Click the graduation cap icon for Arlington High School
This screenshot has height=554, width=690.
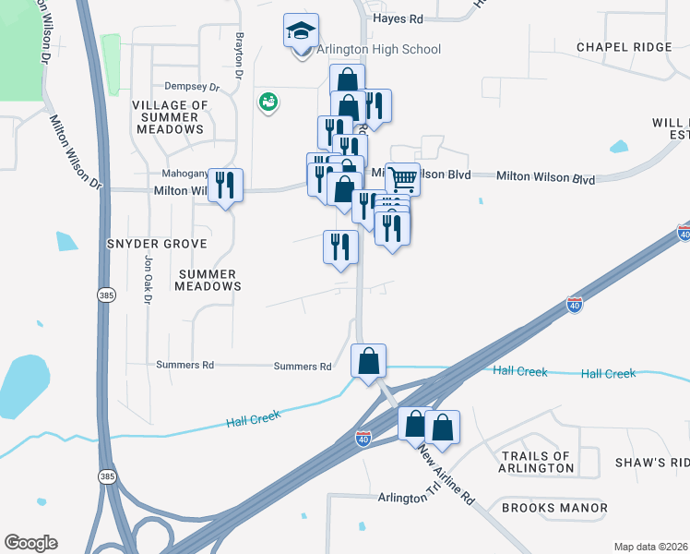click(x=301, y=32)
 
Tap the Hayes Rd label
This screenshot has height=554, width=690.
click(x=398, y=18)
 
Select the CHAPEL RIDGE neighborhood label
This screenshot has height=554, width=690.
click(x=625, y=47)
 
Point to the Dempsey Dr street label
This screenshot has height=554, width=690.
click(x=192, y=88)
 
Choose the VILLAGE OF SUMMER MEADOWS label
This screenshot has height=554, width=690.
click(x=169, y=117)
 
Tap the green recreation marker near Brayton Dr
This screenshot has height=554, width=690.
click(x=268, y=102)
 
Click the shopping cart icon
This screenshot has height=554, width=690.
click(x=402, y=178)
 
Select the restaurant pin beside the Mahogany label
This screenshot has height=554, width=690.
click(x=225, y=187)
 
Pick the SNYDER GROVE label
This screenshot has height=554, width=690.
click(x=156, y=243)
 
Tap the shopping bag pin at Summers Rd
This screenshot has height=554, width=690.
click(x=368, y=361)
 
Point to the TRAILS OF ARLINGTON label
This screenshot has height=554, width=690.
click(x=538, y=462)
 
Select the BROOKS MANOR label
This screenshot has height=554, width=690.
click(x=554, y=508)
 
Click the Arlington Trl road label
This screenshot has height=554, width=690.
click(x=409, y=497)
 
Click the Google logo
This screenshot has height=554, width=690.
click(x=31, y=543)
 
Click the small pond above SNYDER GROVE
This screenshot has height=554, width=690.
click(x=66, y=241)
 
